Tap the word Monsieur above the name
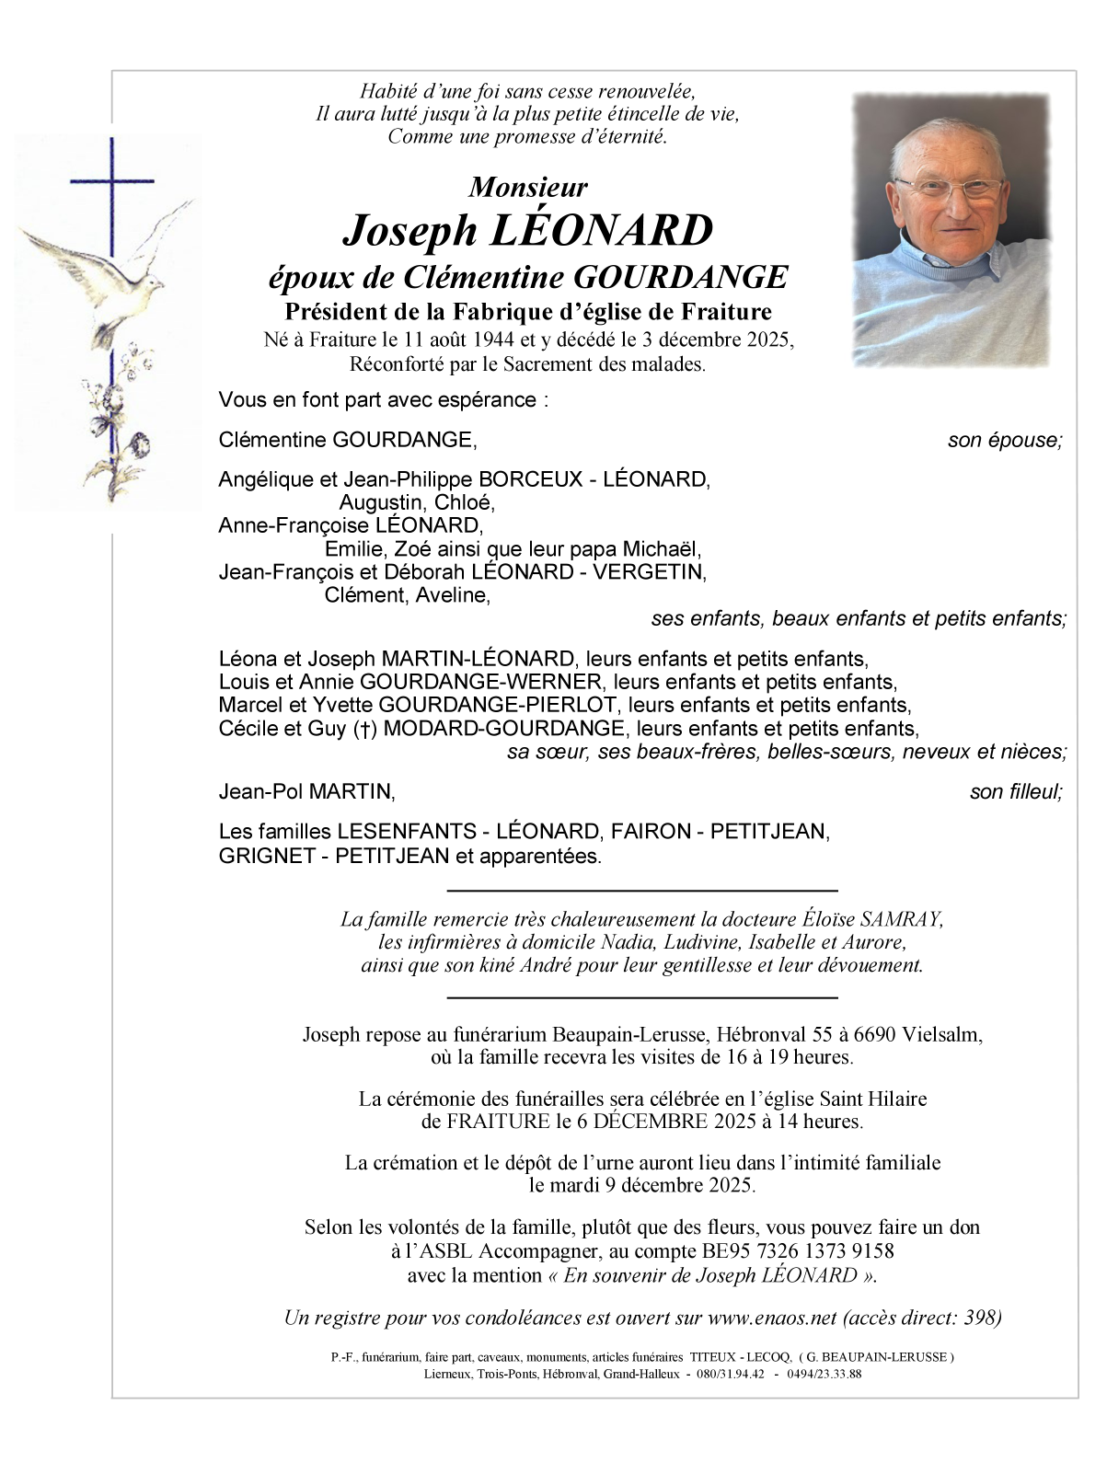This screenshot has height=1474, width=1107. click(x=527, y=188)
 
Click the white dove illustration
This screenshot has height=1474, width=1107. click(x=101, y=267)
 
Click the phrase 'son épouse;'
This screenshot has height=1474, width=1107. click(x=1005, y=441)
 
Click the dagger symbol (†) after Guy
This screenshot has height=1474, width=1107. click(x=366, y=730)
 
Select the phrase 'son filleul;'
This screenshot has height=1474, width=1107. click(x=1016, y=792)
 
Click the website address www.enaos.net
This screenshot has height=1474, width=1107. click(x=772, y=1318)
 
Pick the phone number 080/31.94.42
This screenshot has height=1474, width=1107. click(x=732, y=1374)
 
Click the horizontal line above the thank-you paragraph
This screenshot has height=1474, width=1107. click(x=642, y=891)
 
